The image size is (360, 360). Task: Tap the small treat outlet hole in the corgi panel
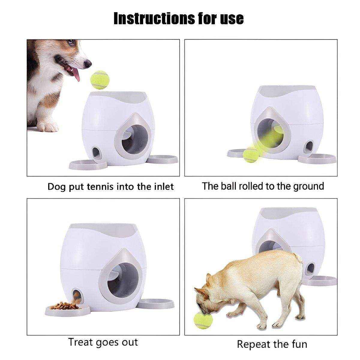point(96,152)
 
